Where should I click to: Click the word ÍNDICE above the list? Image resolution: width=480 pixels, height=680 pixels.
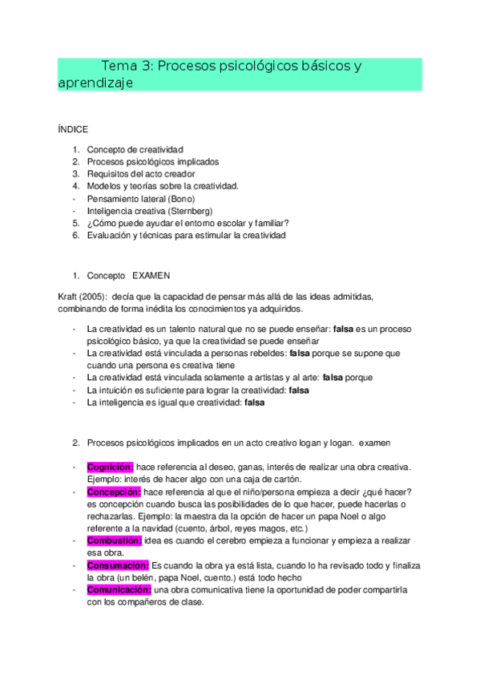click(73, 129)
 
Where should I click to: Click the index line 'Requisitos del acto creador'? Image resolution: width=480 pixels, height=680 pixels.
click(140, 173)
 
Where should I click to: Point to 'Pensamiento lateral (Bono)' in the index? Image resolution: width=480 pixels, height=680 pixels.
click(140, 198)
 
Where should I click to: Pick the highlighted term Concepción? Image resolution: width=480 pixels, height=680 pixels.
click(114, 492)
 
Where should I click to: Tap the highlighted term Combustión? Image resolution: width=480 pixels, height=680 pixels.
click(115, 540)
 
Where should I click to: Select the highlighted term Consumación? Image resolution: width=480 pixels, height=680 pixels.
click(117, 565)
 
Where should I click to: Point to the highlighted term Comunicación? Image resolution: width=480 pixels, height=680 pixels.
click(119, 589)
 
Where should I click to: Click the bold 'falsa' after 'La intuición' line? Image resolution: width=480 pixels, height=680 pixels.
click(298, 390)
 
